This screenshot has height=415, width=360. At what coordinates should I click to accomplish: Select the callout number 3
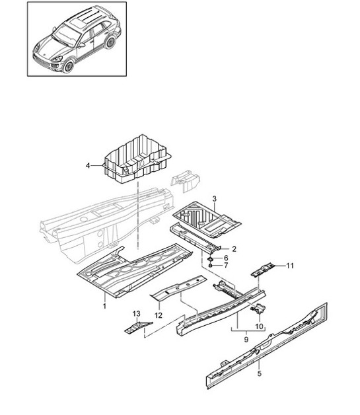pos(214,198)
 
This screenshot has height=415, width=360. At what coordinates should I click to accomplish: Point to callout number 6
pos(226,258)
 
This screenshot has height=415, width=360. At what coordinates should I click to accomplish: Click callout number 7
pos(226,266)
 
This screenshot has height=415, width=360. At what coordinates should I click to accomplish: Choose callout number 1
pos(104,307)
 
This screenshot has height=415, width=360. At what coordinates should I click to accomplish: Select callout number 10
pos(259,326)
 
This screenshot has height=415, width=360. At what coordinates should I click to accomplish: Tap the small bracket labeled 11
pos(263,270)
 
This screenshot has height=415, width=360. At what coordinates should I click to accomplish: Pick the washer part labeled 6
pos(211,258)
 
